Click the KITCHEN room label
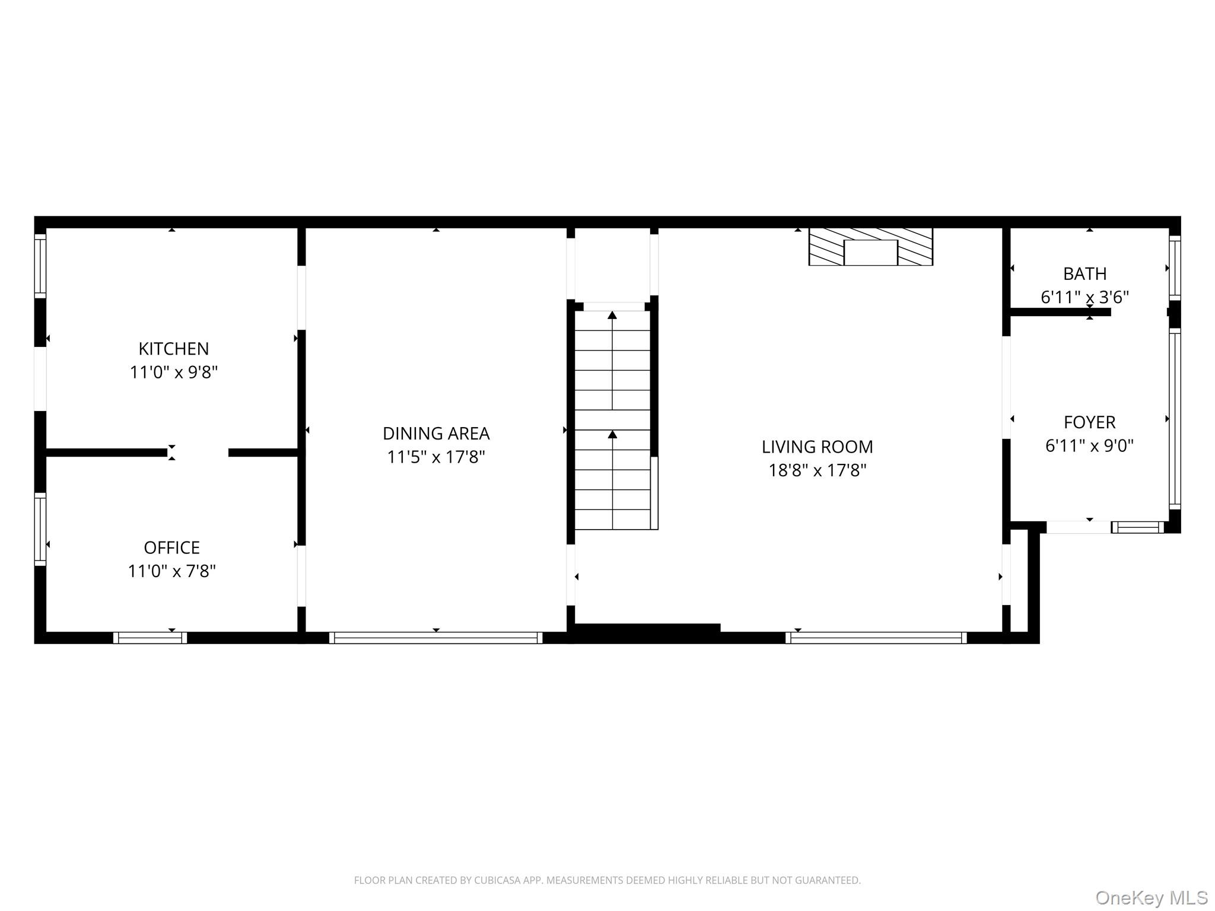click(x=173, y=348)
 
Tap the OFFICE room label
click(x=171, y=547)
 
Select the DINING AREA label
click(x=436, y=433)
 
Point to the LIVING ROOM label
click(x=817, y=447)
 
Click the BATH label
click(x=1084, y=273)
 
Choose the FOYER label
click(x=1089, y=422)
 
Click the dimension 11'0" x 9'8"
click(x=173, y=372)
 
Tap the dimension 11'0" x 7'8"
click(x=171, y=571)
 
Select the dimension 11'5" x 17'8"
click(x=436, y=457)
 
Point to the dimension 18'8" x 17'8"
click(x=817, y=471)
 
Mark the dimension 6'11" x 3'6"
click(x=1084, y=297)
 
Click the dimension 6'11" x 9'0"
click(x=1089, y=446)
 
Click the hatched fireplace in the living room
click(x=870, y=247)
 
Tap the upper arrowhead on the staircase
click(x=612, y=315)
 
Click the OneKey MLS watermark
click(x=1151, y=897)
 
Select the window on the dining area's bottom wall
click(x=435, y=638)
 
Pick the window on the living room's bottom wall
click(x=876, y=638)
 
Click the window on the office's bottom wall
click(x=150, y=638)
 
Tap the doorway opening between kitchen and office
click(x=198, y=453)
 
